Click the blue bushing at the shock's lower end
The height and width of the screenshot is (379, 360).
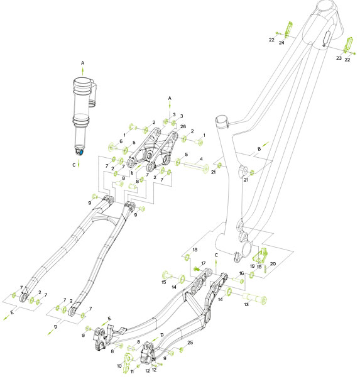80,151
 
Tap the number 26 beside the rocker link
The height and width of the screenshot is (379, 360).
183,127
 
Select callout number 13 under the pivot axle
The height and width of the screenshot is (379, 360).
247,304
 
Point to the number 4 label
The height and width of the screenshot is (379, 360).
200,160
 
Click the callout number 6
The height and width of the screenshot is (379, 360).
121,141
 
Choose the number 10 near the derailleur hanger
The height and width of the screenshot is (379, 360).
119,365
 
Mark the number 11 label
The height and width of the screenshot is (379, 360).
132,372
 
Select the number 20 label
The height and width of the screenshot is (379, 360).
273,265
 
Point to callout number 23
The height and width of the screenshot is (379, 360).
338,58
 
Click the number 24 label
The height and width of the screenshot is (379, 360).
282,43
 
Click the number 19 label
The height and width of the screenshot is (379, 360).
252,266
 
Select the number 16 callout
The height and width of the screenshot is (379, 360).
241,273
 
